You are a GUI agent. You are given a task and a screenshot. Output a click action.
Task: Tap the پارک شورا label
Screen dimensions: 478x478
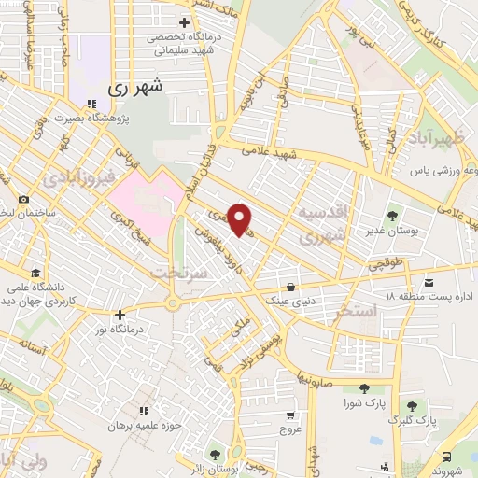(x=364, y=402)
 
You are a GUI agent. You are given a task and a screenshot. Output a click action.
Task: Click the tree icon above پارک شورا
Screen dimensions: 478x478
(x=364, y=388)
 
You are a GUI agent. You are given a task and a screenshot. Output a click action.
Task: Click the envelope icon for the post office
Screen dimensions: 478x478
(x=429, y=282)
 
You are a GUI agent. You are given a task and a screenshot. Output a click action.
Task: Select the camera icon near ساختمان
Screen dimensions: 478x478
(x=23, y=200)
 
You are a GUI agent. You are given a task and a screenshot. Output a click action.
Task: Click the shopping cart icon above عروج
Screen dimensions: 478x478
(x=290, y=415)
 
